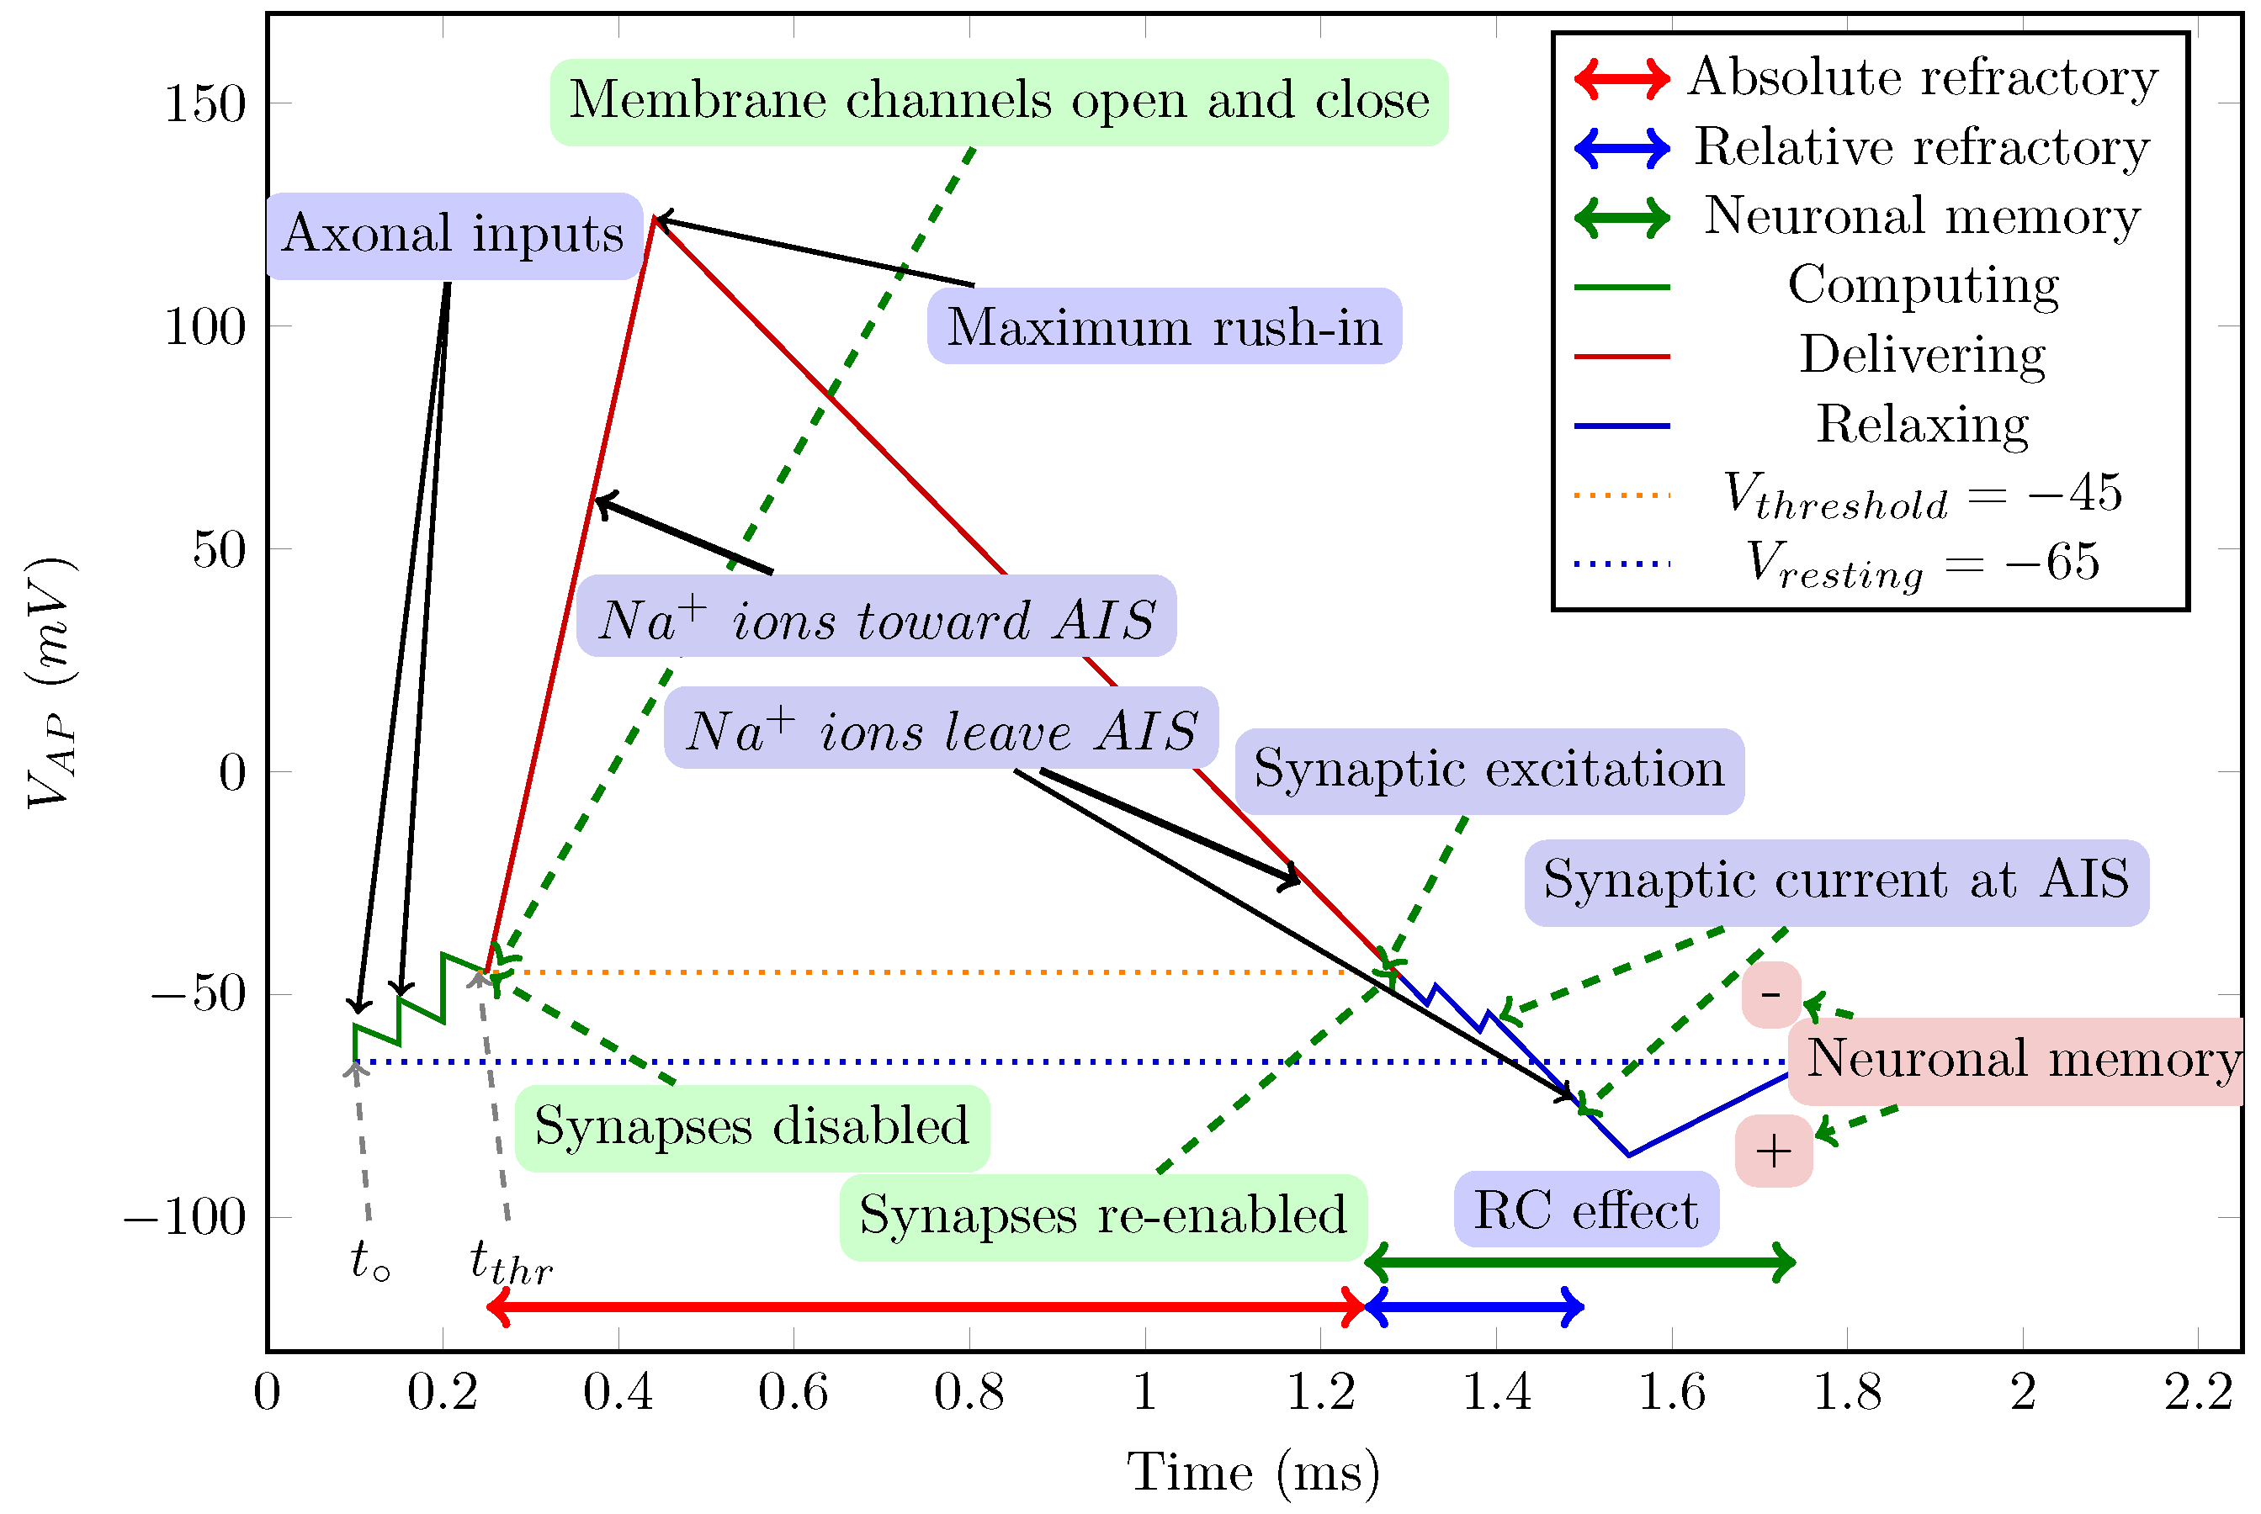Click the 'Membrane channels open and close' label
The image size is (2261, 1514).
click(x=999, y=103)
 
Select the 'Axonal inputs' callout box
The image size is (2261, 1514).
click(x=453, y=236)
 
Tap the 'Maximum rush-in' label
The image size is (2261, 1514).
click(x=1164, y=326)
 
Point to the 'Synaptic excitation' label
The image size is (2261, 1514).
click(x=1489, y=770)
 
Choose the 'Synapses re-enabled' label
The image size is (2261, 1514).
click(x=1102, y=1216)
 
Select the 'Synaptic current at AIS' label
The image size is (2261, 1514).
click(x=1835, y=881)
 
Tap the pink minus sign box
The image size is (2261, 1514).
click(x=1770, y=994)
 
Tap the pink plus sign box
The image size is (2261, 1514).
click(x=1772, y=1152)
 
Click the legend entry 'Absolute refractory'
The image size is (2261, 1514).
click(x=1922, y=77)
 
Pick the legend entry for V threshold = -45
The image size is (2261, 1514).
click(x=1922, y=495)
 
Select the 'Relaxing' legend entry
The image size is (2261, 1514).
click(x=1922, y=425)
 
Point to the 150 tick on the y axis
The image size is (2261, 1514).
click(x=204, y=103)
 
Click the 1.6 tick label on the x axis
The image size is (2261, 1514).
click(x=1671, y=1392)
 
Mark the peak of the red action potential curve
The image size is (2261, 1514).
click(x=654, y=218)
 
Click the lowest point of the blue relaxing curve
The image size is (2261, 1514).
click(x=1628, y=1154)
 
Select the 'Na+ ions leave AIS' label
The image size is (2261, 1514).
click(x=941, y=730)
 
